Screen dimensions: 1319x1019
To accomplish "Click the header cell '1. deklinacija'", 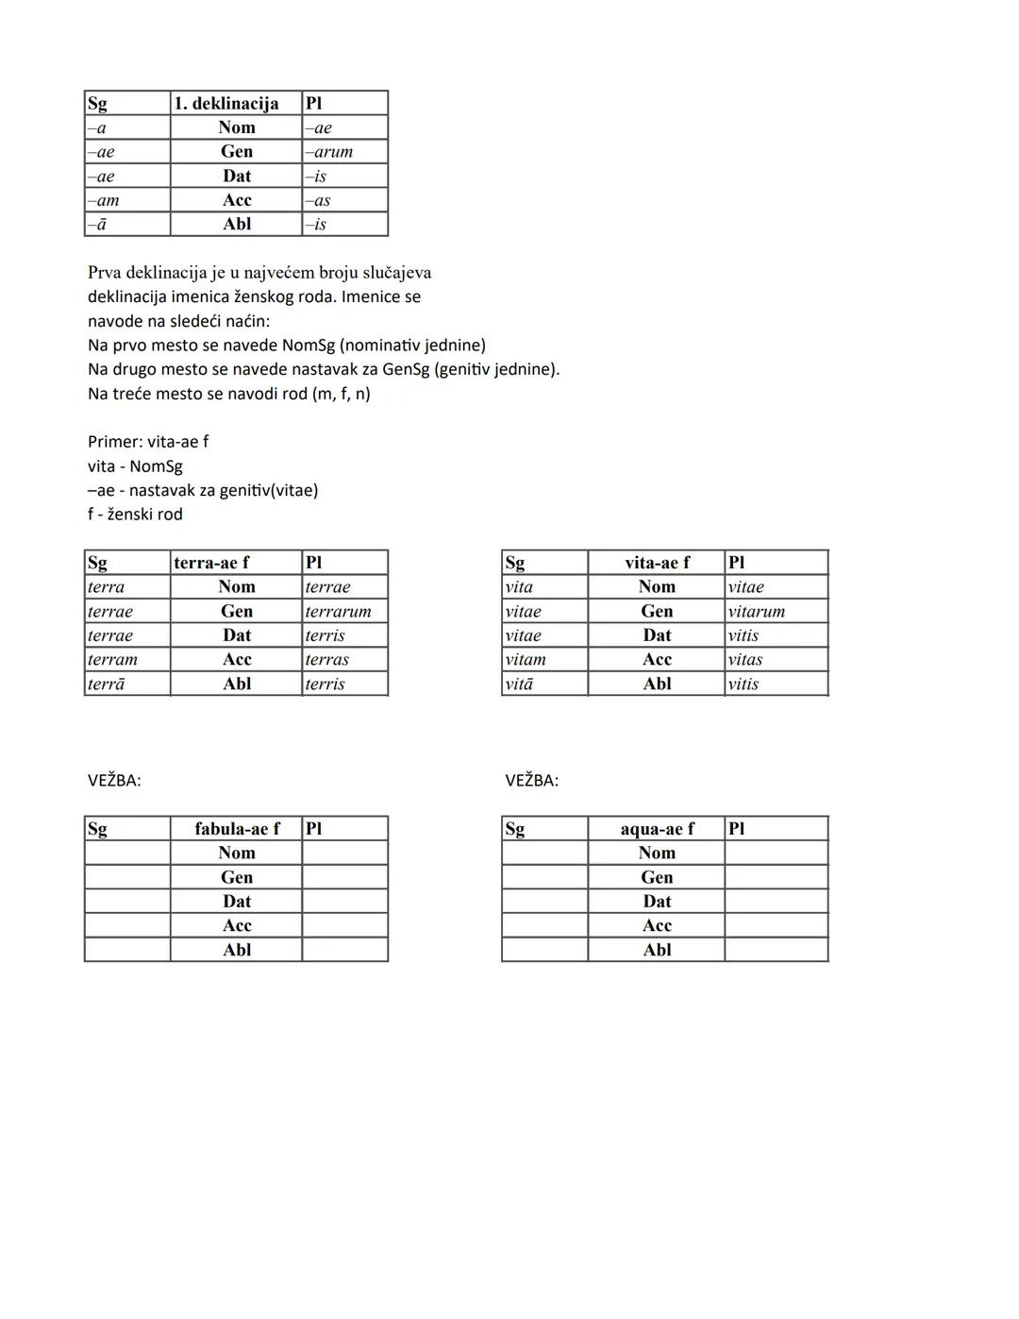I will (x=226, y=103).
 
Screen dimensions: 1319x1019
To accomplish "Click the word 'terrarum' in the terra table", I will (x=339, y=611).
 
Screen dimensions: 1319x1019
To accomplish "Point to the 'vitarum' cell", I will (x=757, y=611).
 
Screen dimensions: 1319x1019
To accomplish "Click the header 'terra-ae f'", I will (x=211, y=563).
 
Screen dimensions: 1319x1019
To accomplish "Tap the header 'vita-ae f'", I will (x=657, y=563).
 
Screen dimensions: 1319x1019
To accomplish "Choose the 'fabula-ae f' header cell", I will (x=237, y=829).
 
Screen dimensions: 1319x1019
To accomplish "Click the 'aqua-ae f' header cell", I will (x=657, y=829).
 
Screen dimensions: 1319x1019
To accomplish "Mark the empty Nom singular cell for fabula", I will (x=127, y=853).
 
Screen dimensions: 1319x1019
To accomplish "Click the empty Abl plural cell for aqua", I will (x=776, y=950).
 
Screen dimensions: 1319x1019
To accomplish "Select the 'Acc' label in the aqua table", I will (x=657, y=925).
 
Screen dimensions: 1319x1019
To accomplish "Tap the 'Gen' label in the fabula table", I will (x=237, y=877).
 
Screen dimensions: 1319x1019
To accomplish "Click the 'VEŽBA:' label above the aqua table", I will (x=531, y=781).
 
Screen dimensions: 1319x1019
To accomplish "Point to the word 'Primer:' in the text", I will (x=115, y=442).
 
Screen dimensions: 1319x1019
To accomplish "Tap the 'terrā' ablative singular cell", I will (x=107, y=684).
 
